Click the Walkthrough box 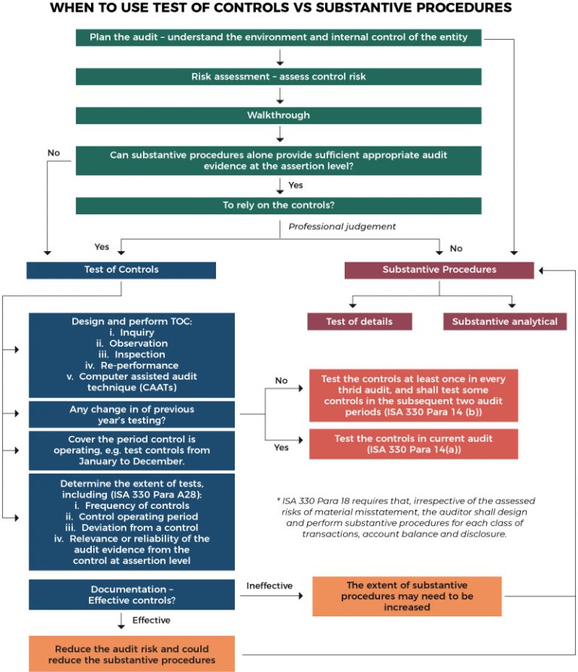click(x=278, y=116)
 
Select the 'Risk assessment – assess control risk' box click(x=278, y=77)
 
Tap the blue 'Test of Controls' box click(x=121, y=270)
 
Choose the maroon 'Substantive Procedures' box click(x=440, y=270)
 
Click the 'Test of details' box click(x=359, y=321)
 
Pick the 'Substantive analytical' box click(x=504, y=321)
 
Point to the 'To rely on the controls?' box click(x=278, y=205)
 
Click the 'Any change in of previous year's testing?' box click(x=132, y=414)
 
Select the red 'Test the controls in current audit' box click(x=414, y=443)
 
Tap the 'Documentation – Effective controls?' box click(x=132, y=595)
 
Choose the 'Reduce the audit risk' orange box click(x=132, y=654)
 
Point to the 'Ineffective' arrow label click(x=269, y=585)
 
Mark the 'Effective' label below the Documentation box click(x=151, y=620)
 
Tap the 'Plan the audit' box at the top click(x=278, y=38)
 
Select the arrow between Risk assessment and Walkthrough click(x=279, y=96)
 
